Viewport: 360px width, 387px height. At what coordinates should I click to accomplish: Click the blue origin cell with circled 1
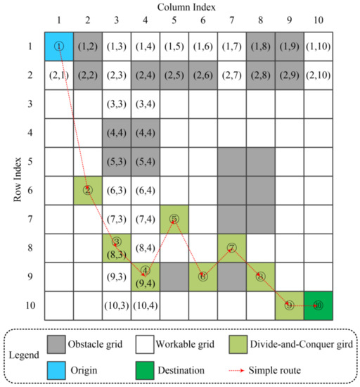click(59, 46)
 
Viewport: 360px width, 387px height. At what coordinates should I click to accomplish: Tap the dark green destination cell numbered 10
click(318, 305)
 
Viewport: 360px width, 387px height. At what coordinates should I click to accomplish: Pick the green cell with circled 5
click(174, 219)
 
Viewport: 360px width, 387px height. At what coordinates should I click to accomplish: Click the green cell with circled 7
click(231, 248)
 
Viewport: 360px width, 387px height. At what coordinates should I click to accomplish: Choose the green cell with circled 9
click(289, 305)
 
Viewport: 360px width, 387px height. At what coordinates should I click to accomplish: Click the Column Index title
click(189, 6)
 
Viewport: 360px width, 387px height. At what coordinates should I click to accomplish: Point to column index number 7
click(231, 21)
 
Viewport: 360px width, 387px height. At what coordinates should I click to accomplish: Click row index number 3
click(29, 103)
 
